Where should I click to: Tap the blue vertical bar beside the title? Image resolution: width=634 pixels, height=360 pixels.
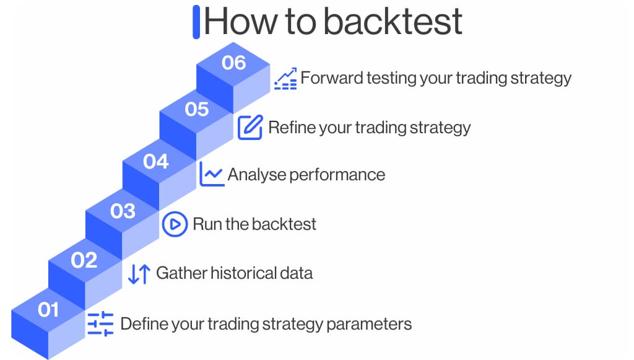[196, 22]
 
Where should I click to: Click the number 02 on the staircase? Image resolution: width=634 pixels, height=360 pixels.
[84, 260]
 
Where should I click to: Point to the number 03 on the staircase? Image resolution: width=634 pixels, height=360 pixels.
[122, 211]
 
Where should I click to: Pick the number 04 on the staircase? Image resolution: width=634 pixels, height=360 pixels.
[156, 162]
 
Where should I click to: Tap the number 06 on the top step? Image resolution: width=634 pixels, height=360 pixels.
[233, 63]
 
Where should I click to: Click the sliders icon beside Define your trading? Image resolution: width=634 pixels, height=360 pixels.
[100, 323]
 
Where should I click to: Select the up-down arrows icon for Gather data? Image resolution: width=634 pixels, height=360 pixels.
[139, 273]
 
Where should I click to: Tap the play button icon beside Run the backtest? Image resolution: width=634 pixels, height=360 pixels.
[175, 224]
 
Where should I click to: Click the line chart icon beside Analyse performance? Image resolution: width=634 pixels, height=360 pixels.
[212, 174]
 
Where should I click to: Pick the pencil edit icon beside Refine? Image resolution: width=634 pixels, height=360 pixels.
[250, 127]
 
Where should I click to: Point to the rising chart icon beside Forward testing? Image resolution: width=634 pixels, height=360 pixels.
[285, 79]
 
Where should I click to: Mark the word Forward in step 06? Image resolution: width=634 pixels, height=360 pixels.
[328, 78]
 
